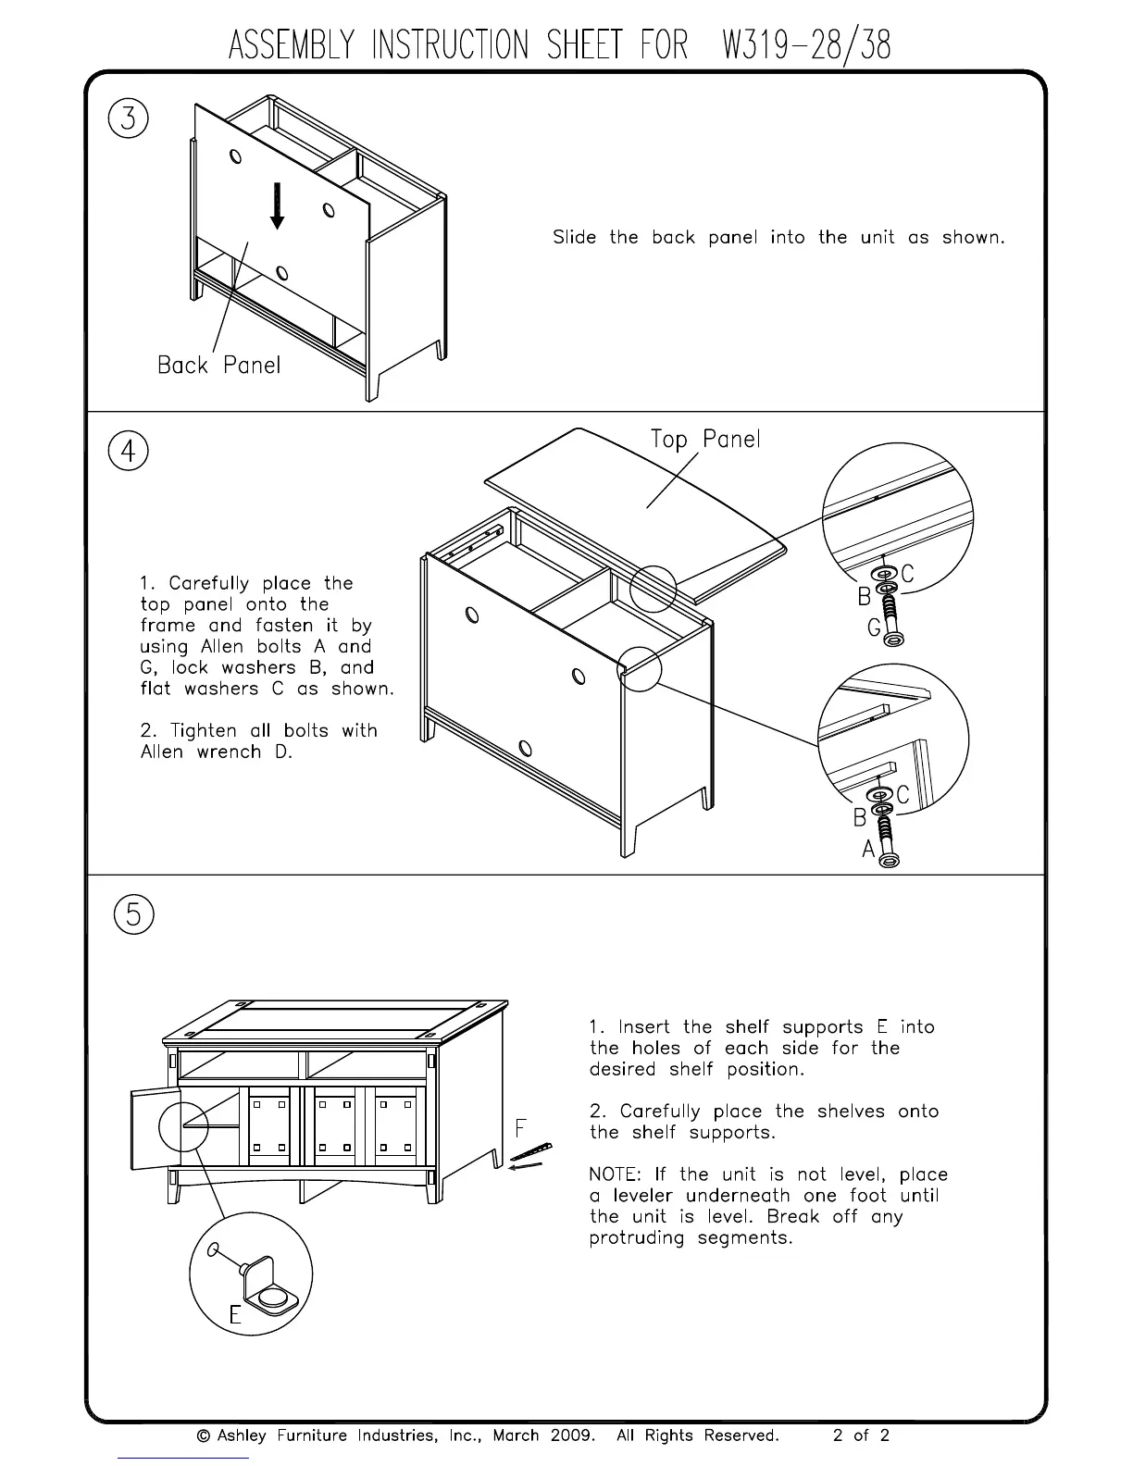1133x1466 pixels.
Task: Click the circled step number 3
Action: coord(129,119)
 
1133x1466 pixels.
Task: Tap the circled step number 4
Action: coord(129,453)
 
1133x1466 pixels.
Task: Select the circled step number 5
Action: coord(134,914)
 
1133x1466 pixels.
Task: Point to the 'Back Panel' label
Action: coord(218,365)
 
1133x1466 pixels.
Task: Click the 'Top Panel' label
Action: coord(705,439)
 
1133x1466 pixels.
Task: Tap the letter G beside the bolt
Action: coord(874,628)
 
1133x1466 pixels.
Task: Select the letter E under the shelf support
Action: coord(235,1314)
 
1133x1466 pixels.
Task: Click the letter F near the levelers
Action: coord(521,1127)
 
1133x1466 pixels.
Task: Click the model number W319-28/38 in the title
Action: coord(804,45)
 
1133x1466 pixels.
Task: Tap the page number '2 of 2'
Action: coord(861,1435)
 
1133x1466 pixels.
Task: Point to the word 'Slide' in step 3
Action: coord(574,237)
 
